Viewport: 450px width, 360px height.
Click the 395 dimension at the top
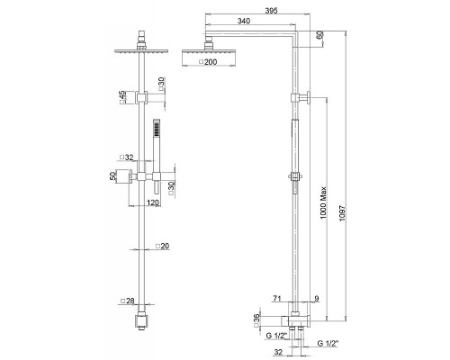272,10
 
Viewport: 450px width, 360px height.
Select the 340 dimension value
244,21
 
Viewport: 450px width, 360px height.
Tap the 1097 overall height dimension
342,213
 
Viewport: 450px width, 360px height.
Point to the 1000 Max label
323,202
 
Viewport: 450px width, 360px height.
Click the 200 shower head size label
208,62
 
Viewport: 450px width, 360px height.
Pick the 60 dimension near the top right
320,35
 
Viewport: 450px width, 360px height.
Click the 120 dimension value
153,202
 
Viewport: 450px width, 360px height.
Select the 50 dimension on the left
112,175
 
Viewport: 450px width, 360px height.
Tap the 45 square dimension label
122,97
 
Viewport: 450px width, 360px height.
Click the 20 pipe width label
163,246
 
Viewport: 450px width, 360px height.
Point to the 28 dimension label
127,301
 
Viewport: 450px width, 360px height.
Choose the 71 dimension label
276,299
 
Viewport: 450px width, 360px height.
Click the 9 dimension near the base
317,299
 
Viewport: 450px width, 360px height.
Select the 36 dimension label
256,320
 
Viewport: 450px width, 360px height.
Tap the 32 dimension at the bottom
278,352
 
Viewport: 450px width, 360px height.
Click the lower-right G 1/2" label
328,343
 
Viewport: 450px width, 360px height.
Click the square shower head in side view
209,58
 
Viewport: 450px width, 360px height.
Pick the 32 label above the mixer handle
126,157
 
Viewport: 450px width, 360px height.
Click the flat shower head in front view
142,51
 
